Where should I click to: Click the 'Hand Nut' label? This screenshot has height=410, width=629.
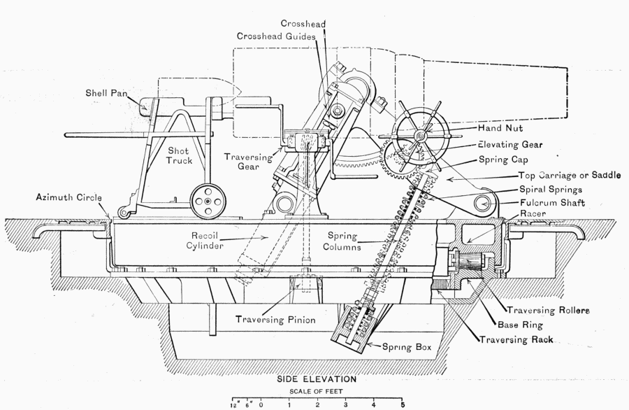coord(501,129)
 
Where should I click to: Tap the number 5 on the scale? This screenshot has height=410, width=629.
coord(403,404)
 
